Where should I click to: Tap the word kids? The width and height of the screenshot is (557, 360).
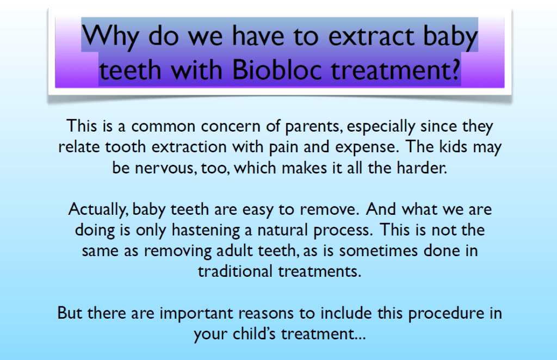click(x=453, y=147)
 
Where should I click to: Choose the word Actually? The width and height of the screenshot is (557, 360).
click(x=98, y=210)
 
